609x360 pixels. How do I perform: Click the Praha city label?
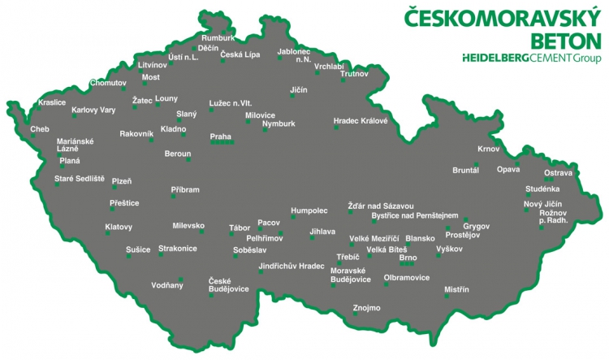click(x=220, y=136)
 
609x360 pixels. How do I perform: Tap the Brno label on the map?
click(x=408, y=257)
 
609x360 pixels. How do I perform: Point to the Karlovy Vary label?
click(x=93, y=110)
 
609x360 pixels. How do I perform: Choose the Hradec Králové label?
click(x=361, y=121)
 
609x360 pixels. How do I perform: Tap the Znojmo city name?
click(x=366, y=307)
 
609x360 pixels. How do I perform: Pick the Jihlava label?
click(x=322, y=232)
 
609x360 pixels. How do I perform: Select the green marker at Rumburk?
click(x=224, y=32)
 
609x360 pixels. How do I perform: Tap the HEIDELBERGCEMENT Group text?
click(x=531, y=58)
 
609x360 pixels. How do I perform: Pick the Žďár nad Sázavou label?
click(x=381, y=206)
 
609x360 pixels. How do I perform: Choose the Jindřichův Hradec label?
click(x=291, y=266)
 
